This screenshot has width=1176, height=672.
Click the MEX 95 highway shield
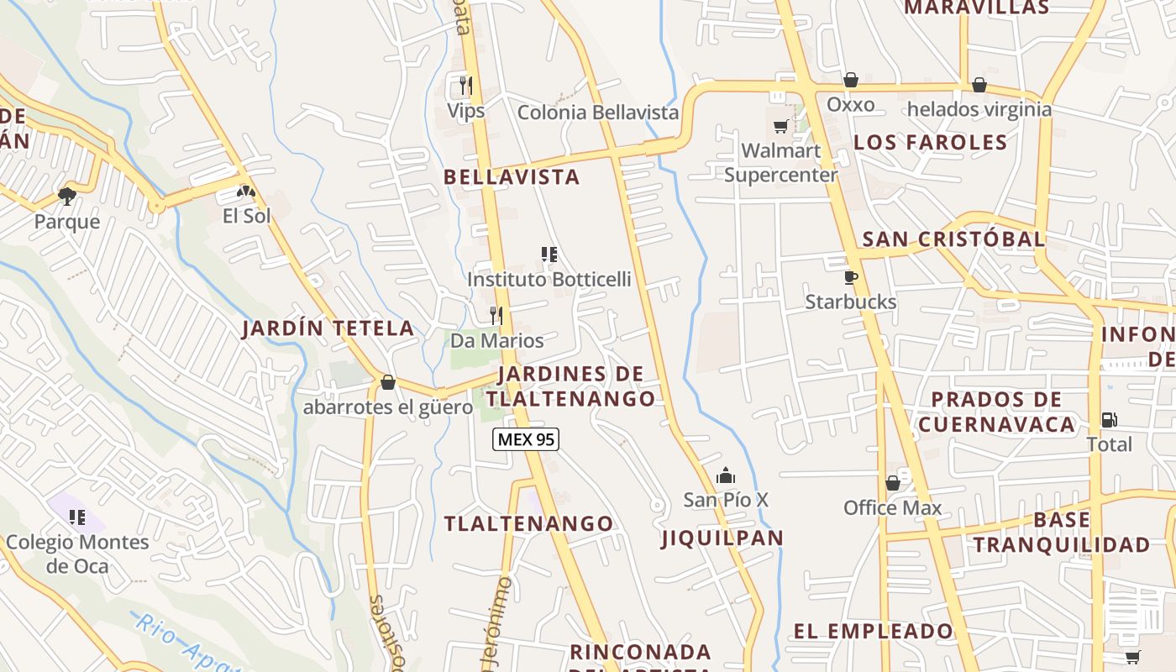coord(526,439)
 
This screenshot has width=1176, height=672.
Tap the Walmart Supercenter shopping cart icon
coord(781,126)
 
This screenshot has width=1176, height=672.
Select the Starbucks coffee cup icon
coord(851,277)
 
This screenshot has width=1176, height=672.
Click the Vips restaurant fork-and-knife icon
coord(466,85)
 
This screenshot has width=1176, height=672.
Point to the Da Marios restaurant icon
coord(496,316)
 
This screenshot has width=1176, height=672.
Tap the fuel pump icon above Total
coord(1109,419)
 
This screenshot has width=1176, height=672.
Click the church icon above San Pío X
coord(726,476)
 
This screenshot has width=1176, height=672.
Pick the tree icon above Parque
coord(67,197)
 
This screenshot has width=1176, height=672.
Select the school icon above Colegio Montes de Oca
coord(77,517)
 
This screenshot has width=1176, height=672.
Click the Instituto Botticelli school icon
coord(549,254)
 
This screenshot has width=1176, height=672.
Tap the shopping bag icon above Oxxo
coord(851,80)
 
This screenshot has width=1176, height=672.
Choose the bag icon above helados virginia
coord(979,85)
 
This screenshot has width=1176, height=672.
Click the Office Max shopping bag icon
coord(893,483)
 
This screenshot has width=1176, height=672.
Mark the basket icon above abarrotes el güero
coord(388,382)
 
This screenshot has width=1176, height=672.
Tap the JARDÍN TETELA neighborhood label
coord(328,328)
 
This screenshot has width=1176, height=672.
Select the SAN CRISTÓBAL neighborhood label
coord(954,239)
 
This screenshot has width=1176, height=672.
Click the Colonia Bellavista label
coord(597,113)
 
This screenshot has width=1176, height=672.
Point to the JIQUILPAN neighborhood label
coord(722,538)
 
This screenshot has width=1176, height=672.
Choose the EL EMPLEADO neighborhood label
coord(874,632)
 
